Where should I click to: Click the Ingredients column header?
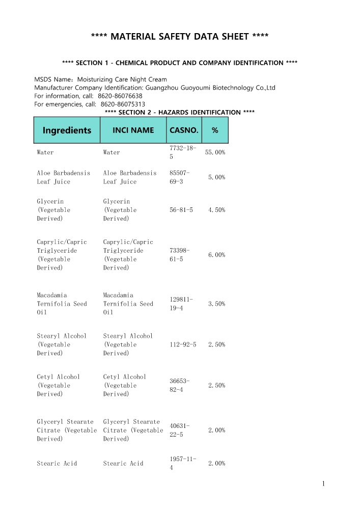click(67, 130)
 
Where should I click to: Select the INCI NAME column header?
click(133, 130)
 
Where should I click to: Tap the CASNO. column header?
click(184, 130)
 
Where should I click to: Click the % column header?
click(215, 130)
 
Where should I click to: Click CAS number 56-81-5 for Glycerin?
click(181, 210)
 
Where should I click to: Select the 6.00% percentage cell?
click(217, 255)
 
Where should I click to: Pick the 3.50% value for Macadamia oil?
click(217, 304)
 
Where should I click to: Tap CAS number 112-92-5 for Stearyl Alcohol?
click(181, 344)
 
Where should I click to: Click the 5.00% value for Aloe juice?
click(217, 177)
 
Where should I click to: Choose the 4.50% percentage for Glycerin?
click(217, 210)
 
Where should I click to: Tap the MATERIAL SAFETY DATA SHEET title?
click(180, 37)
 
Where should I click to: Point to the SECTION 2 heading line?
click(179, 112)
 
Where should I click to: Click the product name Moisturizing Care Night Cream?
click(122, 79)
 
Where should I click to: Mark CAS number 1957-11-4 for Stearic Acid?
click(181, 463)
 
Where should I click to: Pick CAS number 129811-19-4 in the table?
click(181, 304)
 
